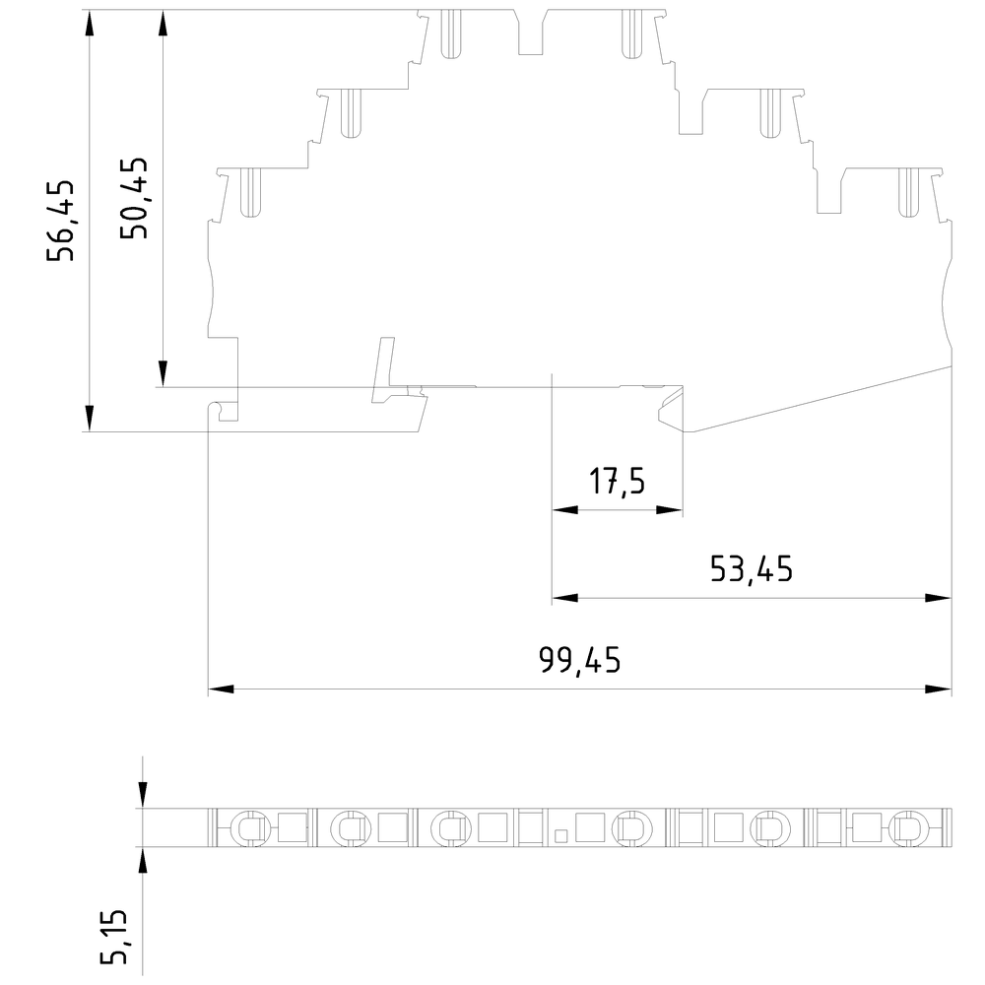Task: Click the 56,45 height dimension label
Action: (x=61, y=221)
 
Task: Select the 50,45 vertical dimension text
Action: (x=134, y=198)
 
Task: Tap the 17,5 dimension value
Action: (x=617, y=482)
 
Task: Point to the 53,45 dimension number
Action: (x=752, y=569)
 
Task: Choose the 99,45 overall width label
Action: (x=580, y=660)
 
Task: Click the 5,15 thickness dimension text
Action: (x=114, y=937)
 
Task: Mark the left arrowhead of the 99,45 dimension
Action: (x=221, y=689)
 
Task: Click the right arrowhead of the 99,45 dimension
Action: (x=939, y=689)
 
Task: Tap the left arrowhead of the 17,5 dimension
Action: (x=564, y=509)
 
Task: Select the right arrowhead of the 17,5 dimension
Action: (x=670, y=509)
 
